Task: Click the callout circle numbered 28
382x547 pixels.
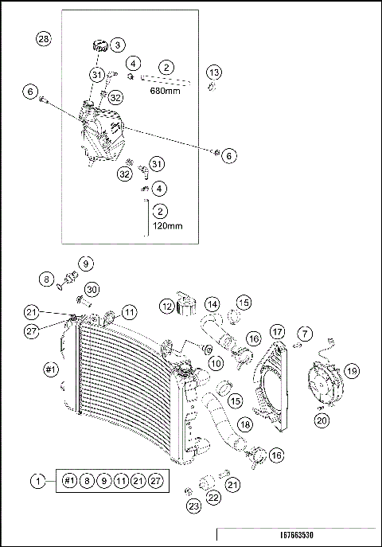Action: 44,39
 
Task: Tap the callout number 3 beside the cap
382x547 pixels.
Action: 117,45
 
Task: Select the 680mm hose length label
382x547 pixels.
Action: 166,91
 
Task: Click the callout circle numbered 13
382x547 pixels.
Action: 213,72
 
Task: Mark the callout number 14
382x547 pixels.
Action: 212,304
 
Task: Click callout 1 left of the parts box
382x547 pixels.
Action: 37,481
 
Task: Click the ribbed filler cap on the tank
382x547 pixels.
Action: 101,45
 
